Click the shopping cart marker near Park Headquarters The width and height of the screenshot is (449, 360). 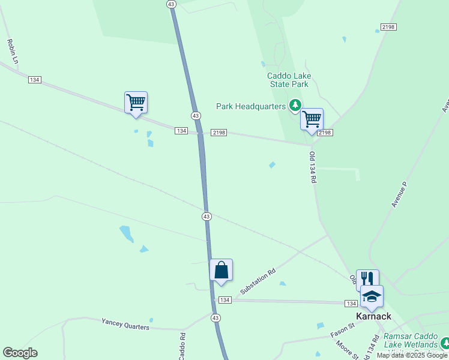point(312,119)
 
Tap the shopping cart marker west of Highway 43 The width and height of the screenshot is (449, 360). point(136,102)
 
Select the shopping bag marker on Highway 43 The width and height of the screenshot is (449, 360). point(221,269)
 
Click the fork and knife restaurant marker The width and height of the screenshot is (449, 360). point(367,278)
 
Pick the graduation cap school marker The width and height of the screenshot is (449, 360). point(372,296)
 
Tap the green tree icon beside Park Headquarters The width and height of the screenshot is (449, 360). point(295,106)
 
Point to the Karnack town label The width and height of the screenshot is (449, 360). point(373,316)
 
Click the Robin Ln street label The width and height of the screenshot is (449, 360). point(11,52)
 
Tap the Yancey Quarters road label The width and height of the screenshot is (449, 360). point(125,325)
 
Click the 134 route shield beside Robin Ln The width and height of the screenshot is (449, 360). point(35,80)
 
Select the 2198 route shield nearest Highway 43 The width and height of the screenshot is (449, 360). point(218,133)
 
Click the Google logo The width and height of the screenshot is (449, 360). point(20,353)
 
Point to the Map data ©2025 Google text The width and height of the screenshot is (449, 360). point(412,355)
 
